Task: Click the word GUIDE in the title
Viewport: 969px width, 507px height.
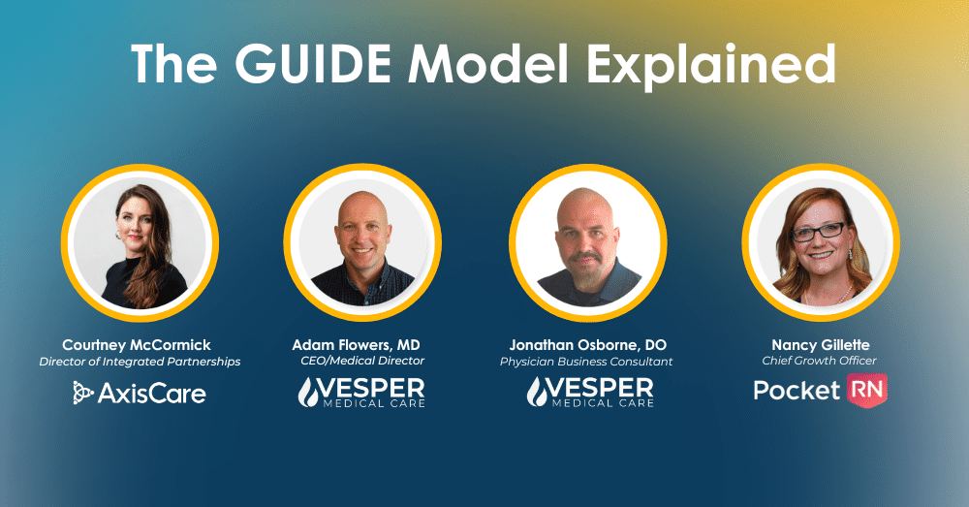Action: pyautogui.click(x=313, y=64)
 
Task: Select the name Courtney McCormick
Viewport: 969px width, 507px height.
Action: pyautogui.click(x=137, y=345)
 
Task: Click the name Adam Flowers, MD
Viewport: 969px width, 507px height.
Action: pyautogui.click(x=356, y=345)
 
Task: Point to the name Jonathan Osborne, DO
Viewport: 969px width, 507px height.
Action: pyautogui.click(x=588, y=345)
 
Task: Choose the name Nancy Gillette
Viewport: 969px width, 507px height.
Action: pyautogui.click(x=821, y=345)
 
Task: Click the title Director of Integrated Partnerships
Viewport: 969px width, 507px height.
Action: pyautogui.click(x=140, y=362)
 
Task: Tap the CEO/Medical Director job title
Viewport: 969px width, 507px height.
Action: pyautogui.click(x=362, y=361)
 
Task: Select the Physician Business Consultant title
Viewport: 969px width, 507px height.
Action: pyautogui.click(x=586, y=362)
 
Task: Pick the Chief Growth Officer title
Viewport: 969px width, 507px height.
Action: pyautogui.click(x=820, y=361)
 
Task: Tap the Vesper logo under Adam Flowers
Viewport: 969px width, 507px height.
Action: pyautogui.click(x=361, y=393)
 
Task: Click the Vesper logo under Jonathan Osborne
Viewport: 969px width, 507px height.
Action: pyautogui.click(x=590, y=393)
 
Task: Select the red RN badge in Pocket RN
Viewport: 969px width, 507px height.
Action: pyautogui.click(x=867, y=390)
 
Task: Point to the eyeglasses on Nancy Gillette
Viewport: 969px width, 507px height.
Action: pyautogui.click(x=819, y=232)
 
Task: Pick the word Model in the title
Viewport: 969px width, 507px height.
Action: pyautogui.click(x=488, y=64)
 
